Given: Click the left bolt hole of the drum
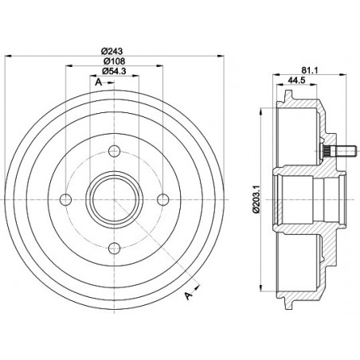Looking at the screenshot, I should click(66, 198).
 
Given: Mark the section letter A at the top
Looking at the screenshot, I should click(97, 81).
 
